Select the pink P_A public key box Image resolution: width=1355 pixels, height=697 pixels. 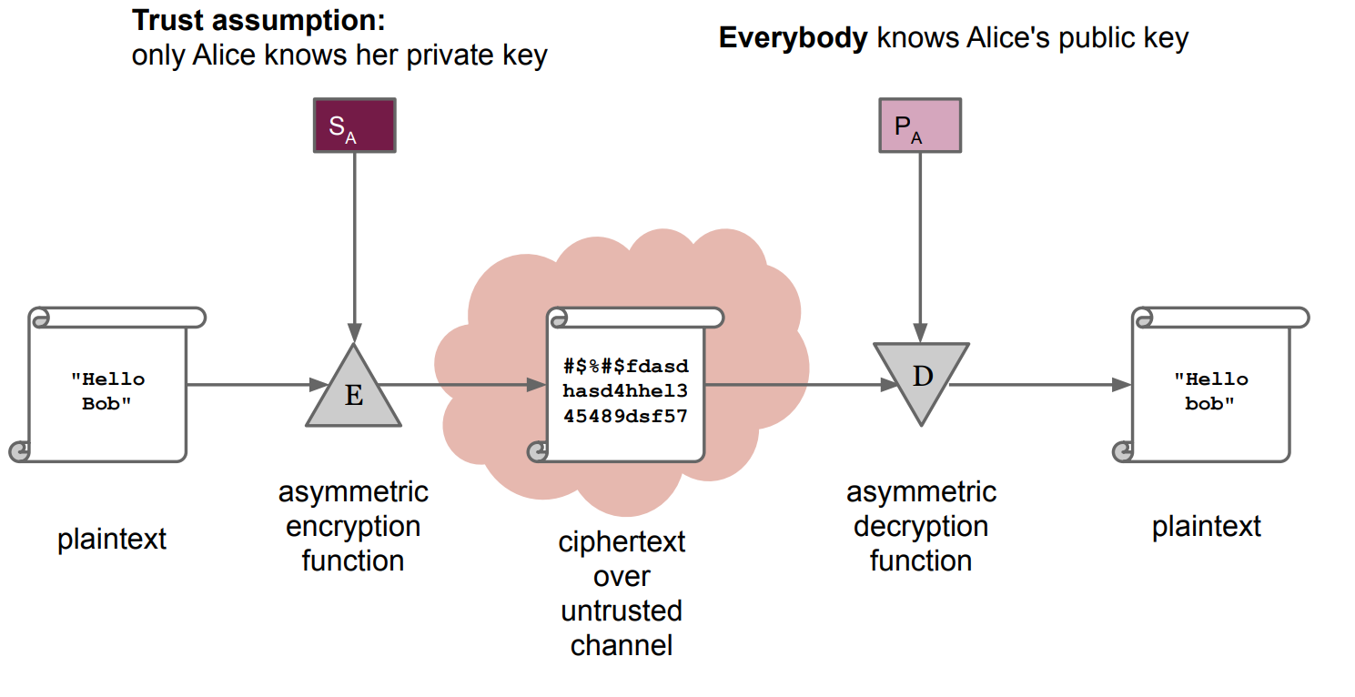pyautogui.click(x=920, y=126)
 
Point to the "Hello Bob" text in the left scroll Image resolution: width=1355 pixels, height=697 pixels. pyautogui.click(x=107, y=391)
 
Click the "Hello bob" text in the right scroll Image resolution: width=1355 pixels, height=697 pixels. pyautogui.click(x=1209, y=391)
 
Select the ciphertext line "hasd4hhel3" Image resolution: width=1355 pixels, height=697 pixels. pyautogui.click(x=626, y=391)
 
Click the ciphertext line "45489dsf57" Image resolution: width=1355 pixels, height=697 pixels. pyautogui.click(x=626, y=416)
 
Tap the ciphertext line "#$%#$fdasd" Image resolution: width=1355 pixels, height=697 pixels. pyautogui.click(x=626, y=367)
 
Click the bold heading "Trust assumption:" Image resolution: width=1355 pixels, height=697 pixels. pyautogui.click(x=258, y=20)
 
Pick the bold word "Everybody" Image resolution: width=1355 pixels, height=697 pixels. pyautogui.click(x=793, y=38)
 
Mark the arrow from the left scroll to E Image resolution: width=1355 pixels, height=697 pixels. pyautogui.click(x=255, y=384)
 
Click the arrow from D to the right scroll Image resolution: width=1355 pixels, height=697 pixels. pyautogui.click(x=1037, y=384)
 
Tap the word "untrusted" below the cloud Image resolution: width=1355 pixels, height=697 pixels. pyautogui.click(x=622, y=611)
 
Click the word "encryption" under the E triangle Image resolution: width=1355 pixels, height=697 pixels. pyautogui.click(x=353, y=526)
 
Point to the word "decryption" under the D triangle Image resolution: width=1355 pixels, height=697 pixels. pyautogui.click(x=921, y=526)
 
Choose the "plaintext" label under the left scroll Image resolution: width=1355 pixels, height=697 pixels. pyautogui.click(x=112, y=539)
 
